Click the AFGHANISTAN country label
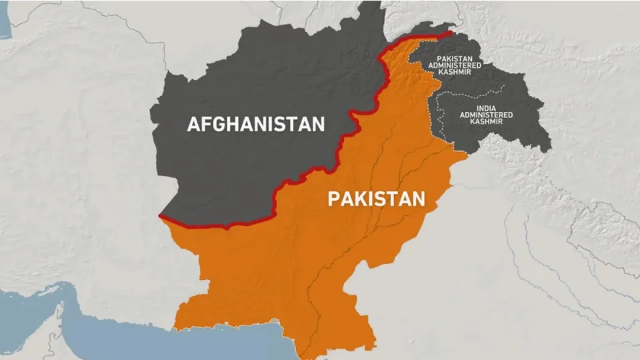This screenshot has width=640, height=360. pyautogui.click(x=256, y=124)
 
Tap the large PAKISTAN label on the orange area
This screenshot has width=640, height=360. pyautogui.click(x=376, y=199)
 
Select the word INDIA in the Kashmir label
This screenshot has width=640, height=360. pyautogui.click(x=485, y=108)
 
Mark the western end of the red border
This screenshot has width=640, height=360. pyautogui.click(x=161, y=216)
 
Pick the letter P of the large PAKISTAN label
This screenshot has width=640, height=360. pyautogui.click(x=333, y=199)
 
